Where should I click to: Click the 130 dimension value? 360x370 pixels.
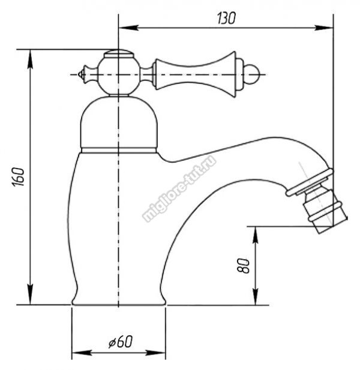226,19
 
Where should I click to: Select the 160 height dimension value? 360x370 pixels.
19,177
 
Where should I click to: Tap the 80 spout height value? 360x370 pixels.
244,266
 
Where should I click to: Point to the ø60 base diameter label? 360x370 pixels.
121,341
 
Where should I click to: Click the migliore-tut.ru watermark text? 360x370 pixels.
179,189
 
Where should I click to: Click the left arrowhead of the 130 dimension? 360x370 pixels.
128,28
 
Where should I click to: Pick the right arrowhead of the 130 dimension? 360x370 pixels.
323,28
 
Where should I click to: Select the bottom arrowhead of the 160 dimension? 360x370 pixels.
30,295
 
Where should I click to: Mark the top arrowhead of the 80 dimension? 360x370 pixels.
256,236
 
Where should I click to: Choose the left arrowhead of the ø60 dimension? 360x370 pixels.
82,353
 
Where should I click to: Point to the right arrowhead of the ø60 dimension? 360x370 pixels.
155,353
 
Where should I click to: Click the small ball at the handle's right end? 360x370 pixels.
251,74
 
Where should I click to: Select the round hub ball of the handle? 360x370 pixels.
119,74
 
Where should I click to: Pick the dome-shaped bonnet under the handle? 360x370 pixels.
119,122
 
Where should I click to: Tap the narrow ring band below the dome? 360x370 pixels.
119,151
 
